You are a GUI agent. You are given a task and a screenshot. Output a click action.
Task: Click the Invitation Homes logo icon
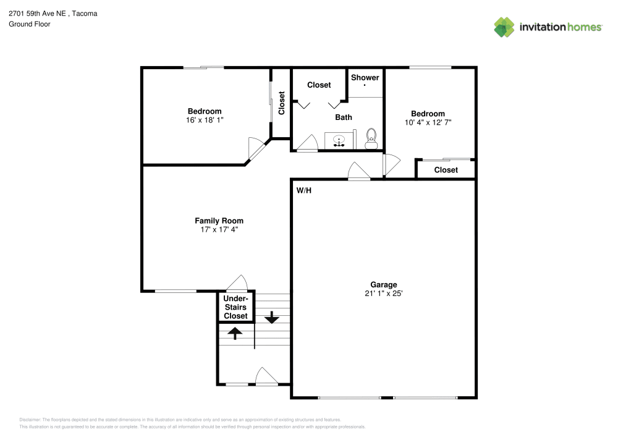click(x=504, y=27)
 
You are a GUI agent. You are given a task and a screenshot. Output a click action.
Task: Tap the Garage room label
click(x=384, y=284)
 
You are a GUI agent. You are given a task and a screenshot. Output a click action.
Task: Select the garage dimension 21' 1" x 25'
click(x=384, y=294)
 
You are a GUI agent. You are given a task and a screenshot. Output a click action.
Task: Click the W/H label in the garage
click(x=303, y=190)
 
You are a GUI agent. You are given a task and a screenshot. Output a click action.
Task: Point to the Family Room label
click(x=219, y=221)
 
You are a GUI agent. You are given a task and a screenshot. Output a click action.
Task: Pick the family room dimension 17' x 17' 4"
click(x=219, y=229)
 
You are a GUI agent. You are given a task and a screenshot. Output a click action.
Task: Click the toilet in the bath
click(x=371, y=137)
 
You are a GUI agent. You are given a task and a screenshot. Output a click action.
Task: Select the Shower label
click(x=365, y=77)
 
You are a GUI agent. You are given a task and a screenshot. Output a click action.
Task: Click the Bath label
click(x=344, y=117)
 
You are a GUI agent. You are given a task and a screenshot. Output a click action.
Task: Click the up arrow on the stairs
click(x=235, y=333)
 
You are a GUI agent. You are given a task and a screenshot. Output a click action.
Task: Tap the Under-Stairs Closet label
click(x=235, y=307)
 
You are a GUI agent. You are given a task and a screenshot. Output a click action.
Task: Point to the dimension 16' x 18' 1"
click(x=205, y=120)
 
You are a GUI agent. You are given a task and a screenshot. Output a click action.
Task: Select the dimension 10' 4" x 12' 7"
click(x=428, y=122)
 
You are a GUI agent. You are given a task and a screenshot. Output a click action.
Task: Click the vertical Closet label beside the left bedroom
click(x=282, y=103)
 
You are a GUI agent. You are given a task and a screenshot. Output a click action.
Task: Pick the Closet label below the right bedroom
click(x=446, y=170)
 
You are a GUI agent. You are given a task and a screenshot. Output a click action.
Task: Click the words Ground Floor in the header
click(x=30, y=24)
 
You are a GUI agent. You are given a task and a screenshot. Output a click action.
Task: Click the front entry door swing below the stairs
click(x=266, y=376)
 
